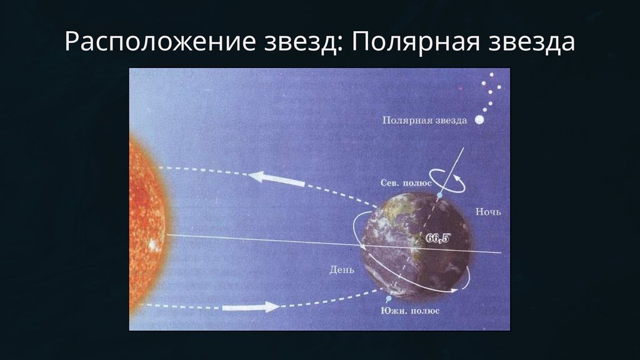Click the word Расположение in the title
[x=161, y=42]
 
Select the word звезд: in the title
[x=304, y=42]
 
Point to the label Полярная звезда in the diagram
[x=424, y=121]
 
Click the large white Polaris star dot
[x=479, y=119]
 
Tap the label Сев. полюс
[x=406, y=183]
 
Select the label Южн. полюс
[x=410, y=311]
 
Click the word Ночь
[x=488, y=212]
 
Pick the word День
[x=342, y=270]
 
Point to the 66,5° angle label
[x=437, y=238]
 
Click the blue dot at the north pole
[x=439, y=196]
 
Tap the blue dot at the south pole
[x=389, y=299]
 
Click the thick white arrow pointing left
[x=276, y=179]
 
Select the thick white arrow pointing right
[x=251, y=306]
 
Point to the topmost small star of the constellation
[x=491, y=75]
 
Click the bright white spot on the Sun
[x=153, y=245]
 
